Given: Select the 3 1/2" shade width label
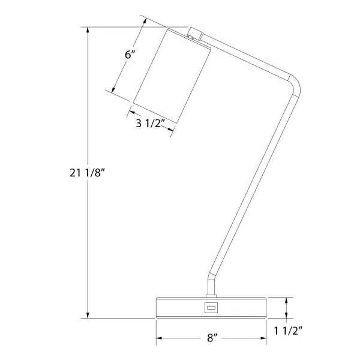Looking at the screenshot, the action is pyautogui.click(x=151, y=124).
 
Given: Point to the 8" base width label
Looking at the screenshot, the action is pyautogui.click(x=212, y=338).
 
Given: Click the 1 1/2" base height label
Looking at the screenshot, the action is pyautogui.click(x=289, y=331).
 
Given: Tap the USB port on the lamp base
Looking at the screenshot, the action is pyautogui.click(x=211, y=307).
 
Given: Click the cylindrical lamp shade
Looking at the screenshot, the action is pyautogui.click(x=172, y=76).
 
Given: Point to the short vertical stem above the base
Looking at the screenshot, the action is pyautogui.click(x=211, y=284).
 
